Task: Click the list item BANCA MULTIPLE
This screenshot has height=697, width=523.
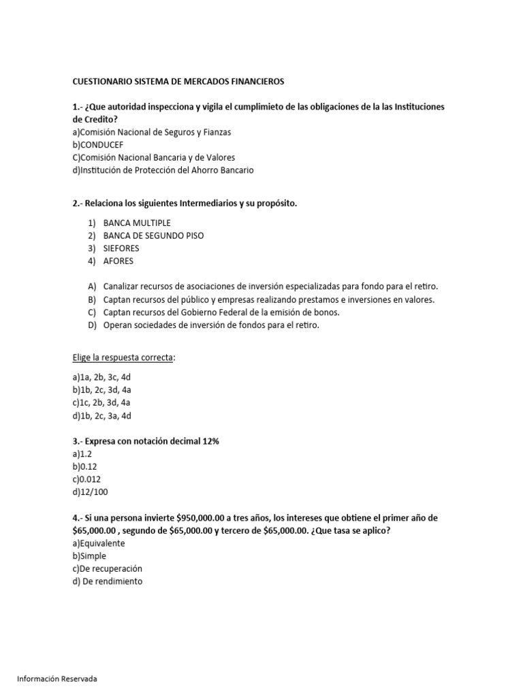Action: pos(137,223)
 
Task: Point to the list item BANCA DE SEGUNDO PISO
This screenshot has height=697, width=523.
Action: pos(153,236)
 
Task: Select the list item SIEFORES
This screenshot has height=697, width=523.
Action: pos(121,248)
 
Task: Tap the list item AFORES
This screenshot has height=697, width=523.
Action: pos(118,261)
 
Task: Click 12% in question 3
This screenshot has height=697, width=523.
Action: pos(209,442)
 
